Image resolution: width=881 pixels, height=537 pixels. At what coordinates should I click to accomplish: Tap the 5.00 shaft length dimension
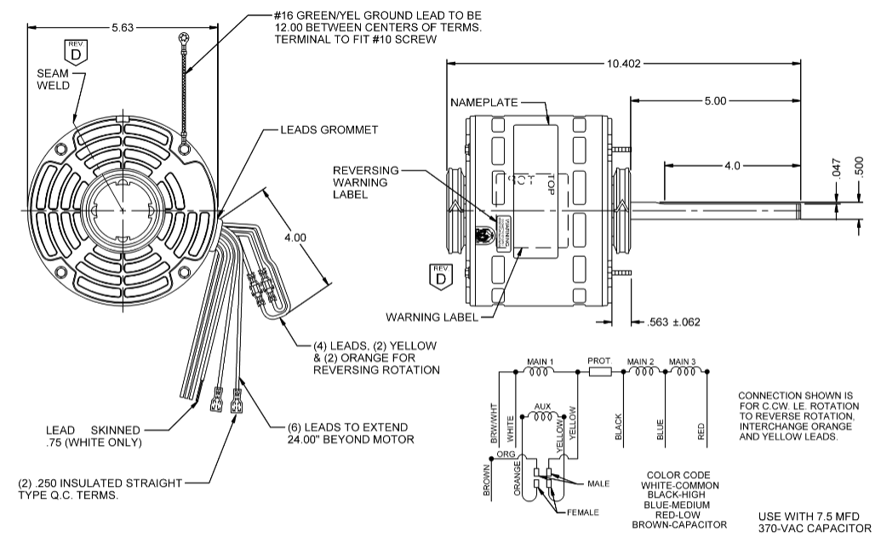715,100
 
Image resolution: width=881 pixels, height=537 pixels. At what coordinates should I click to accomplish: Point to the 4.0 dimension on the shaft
731,166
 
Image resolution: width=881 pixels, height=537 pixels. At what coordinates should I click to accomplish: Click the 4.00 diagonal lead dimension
295,237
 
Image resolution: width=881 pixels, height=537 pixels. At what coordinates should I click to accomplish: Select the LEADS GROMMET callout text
329,130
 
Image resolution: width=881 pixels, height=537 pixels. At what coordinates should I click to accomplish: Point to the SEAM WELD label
52,80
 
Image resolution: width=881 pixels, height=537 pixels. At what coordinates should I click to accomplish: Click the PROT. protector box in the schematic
599,371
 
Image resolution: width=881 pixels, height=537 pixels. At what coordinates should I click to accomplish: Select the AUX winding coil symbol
542,417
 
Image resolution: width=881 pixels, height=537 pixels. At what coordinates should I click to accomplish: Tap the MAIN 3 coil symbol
682,371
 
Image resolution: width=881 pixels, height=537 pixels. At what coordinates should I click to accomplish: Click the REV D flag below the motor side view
440,277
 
